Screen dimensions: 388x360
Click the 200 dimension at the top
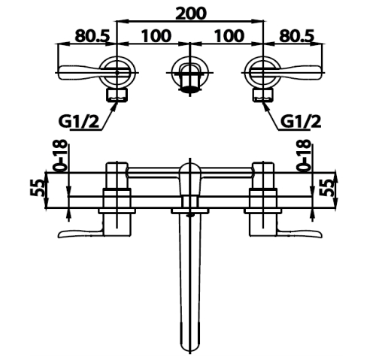(x=190, y=14)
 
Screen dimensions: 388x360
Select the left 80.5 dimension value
(x=92, y=35)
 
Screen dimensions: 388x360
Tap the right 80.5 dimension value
(x=297, y=35)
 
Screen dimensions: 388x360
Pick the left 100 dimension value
(x=156, y=35)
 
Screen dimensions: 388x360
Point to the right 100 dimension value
(x=229, y=35)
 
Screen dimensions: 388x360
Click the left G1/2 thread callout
(x=79, y=123)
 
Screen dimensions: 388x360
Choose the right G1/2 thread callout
(x=300, y=122)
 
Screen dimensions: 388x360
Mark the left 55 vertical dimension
(x=37, y=188)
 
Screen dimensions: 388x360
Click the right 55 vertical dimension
(x=327, y=188)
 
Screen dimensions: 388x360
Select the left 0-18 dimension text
(x=59, y=155)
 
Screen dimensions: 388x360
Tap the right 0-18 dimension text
(x=303, y=155)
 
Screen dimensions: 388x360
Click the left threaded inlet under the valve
(x=117, y=95)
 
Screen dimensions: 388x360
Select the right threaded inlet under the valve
(x=262, y=95)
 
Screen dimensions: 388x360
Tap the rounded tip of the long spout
(x=189, y=352)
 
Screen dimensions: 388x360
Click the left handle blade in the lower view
(x=80, y=233)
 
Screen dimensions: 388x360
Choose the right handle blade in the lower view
(x=299, y=233)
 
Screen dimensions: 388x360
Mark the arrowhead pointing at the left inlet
(x=114, y=106)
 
